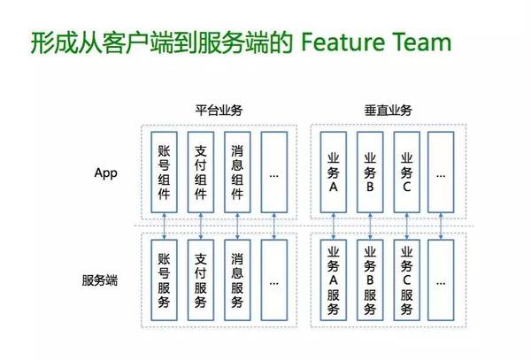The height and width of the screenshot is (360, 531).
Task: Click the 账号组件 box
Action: [164, 172]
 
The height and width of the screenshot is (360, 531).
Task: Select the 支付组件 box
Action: [202, 172]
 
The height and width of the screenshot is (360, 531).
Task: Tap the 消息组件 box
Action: [238, 172]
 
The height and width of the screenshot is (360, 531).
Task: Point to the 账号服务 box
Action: [164, 280]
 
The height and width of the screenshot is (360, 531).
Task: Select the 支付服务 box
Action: [202, 280]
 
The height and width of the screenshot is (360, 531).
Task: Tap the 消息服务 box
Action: [238, 280]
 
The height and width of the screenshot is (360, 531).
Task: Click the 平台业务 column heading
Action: [219, 111]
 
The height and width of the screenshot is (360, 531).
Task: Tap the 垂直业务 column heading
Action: [389, 111]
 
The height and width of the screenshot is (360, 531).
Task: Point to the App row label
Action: [105, 172]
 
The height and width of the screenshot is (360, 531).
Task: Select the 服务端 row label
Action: [99, 280]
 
